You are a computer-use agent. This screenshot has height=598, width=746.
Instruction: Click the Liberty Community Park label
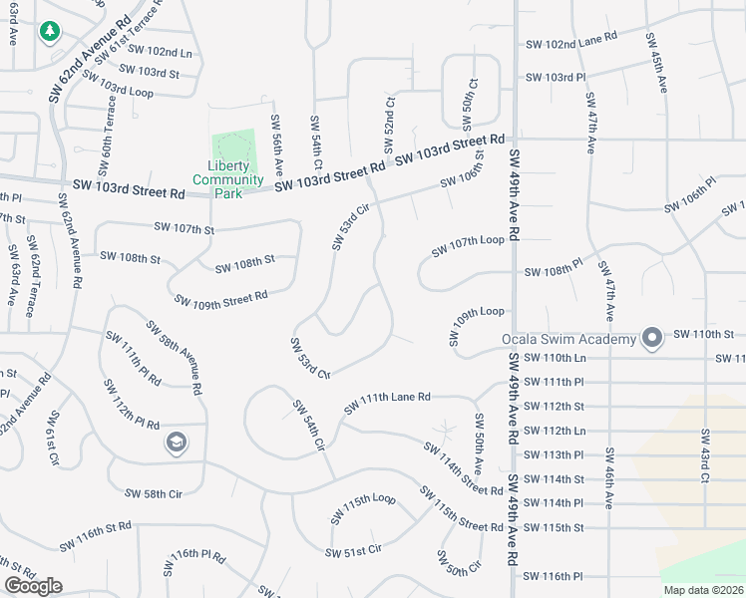click(228, 179)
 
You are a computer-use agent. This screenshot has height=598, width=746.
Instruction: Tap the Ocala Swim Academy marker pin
click(652, 339)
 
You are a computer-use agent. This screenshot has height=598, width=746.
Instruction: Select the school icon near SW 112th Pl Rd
click(177, 443)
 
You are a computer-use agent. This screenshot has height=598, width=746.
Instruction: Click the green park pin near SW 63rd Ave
click(49, 33)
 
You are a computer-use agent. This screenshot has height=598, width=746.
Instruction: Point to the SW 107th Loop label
click(468, 246)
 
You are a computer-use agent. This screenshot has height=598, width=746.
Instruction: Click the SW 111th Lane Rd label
click(387, 403)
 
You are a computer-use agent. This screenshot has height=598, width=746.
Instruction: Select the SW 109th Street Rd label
click(220, 298)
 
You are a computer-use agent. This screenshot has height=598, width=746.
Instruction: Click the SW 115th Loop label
click(363, 506)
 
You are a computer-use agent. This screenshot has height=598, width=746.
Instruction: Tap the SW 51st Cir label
click(353, 550)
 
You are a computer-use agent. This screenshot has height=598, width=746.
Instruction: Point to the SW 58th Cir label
click(154, 492)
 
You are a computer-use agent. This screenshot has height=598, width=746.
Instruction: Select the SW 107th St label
click(185, 228)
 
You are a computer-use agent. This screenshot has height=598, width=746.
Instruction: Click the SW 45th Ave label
click(656, 63)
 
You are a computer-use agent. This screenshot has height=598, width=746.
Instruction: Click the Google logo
click(33, 586)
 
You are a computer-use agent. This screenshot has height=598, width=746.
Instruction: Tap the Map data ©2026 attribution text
click(703, 590)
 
